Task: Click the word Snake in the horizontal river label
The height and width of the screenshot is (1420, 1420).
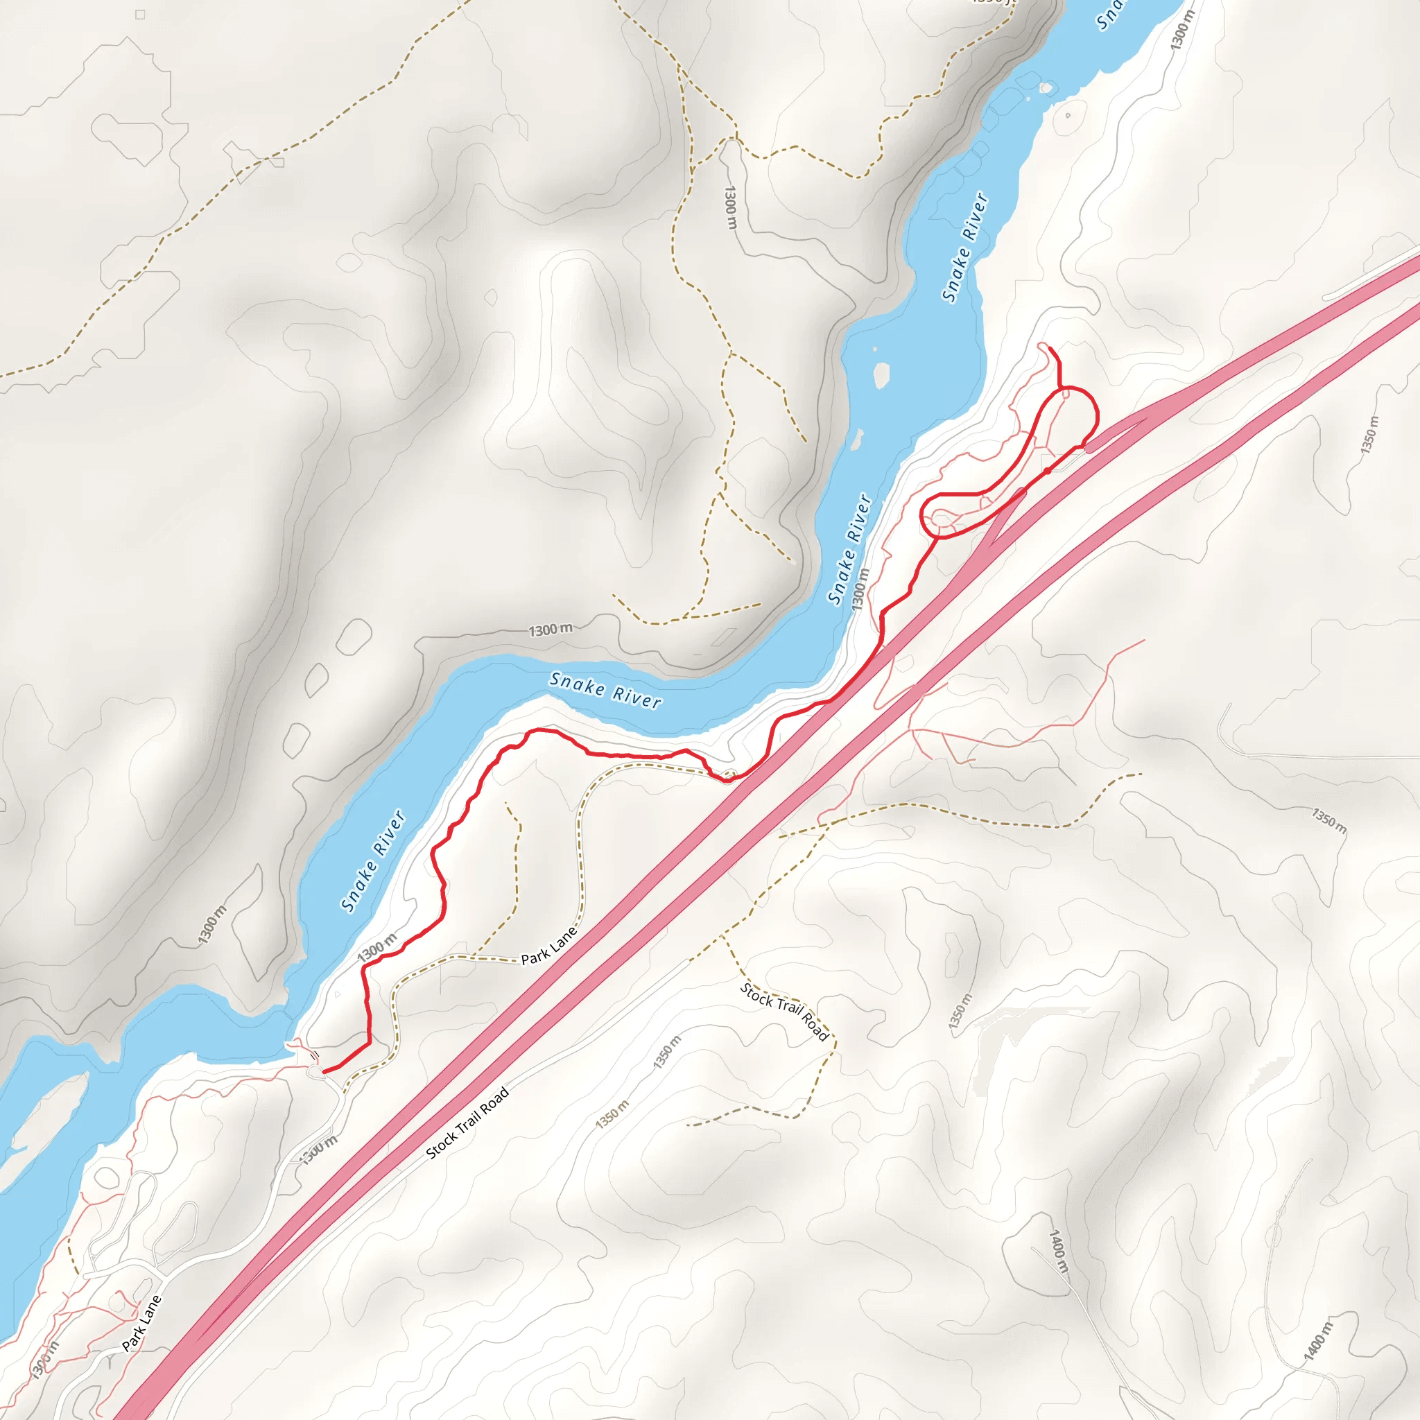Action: point(577,684)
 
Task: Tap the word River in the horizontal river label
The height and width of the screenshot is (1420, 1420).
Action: point(637,698)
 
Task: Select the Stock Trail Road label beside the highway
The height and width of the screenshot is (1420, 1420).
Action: point(467,1124)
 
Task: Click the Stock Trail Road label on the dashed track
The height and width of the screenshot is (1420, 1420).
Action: point(784,1012)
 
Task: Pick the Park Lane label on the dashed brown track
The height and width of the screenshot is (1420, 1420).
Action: point(548,946)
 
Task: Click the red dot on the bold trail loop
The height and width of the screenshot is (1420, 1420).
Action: point(1046,470)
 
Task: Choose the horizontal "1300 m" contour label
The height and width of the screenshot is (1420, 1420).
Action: point(550,630)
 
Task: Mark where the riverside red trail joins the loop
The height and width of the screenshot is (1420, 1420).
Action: point(935,537)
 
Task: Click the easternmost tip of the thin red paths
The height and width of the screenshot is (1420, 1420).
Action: point(1144,640)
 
